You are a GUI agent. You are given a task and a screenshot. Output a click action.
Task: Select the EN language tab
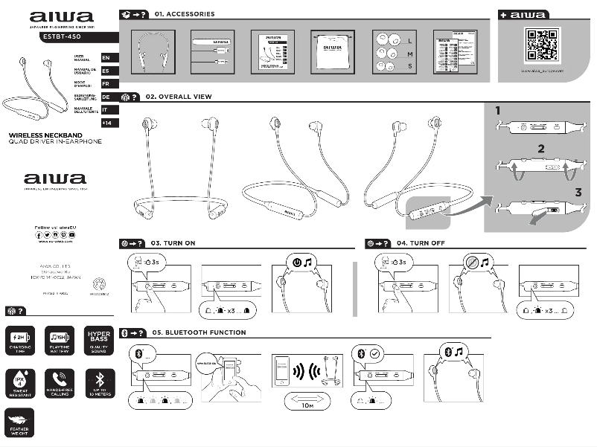click(106, 57)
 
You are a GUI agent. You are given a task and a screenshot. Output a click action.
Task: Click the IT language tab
click(106, 109)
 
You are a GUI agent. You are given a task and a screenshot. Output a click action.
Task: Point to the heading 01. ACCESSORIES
click(184, 14)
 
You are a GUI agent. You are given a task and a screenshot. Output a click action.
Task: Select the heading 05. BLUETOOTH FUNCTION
click(198, 332)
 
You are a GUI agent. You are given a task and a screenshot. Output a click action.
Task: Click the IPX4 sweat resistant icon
click(19, 379)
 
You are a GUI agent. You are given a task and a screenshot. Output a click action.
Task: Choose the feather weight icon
click(19, 422)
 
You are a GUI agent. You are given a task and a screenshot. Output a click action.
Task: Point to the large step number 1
click(498, 110)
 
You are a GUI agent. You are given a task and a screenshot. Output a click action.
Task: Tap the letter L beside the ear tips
click(411, 40)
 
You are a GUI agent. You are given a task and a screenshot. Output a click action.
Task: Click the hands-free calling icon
click(59, 379)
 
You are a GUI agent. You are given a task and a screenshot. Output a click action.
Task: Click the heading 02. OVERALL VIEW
click(182, 97)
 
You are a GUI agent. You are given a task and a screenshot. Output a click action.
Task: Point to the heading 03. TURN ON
click(173, 243)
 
